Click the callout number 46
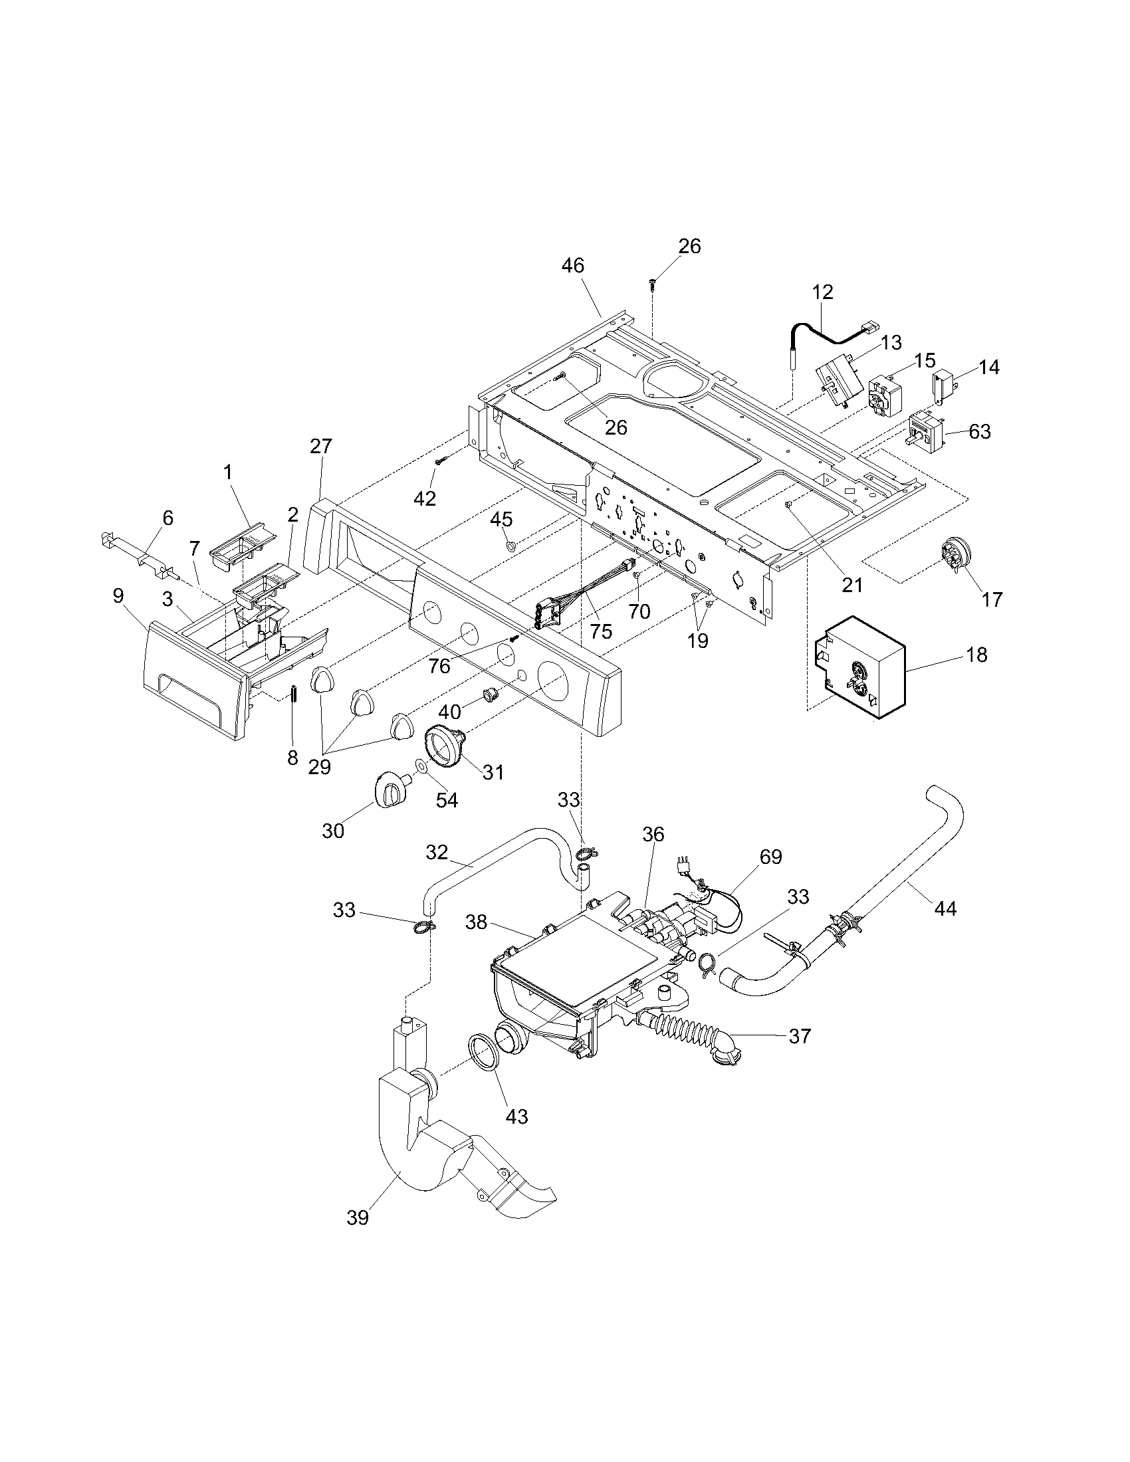[573, 266]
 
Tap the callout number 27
[320, 447]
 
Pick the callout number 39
[358, 1217]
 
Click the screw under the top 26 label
[651, 284]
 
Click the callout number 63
[979, 432]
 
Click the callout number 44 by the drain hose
[945, 908]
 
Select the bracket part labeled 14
[943, 386]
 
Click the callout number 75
[601, 631]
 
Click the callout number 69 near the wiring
[770, 856]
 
